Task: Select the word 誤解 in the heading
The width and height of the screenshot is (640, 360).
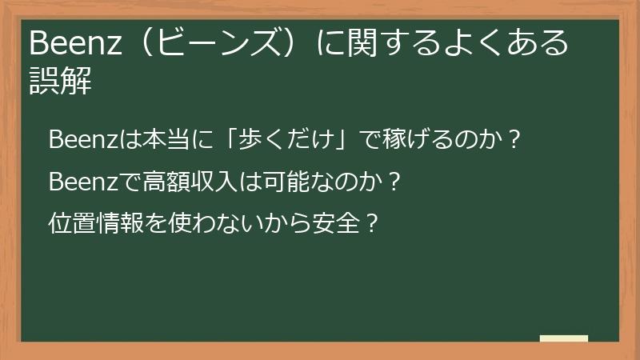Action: (x=60, y=81)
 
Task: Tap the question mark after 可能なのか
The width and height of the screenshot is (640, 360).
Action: (x=392, y=182)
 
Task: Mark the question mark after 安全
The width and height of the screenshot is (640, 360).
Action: (x=370, y=222)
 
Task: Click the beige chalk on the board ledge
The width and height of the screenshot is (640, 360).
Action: (x=563, y=338)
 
